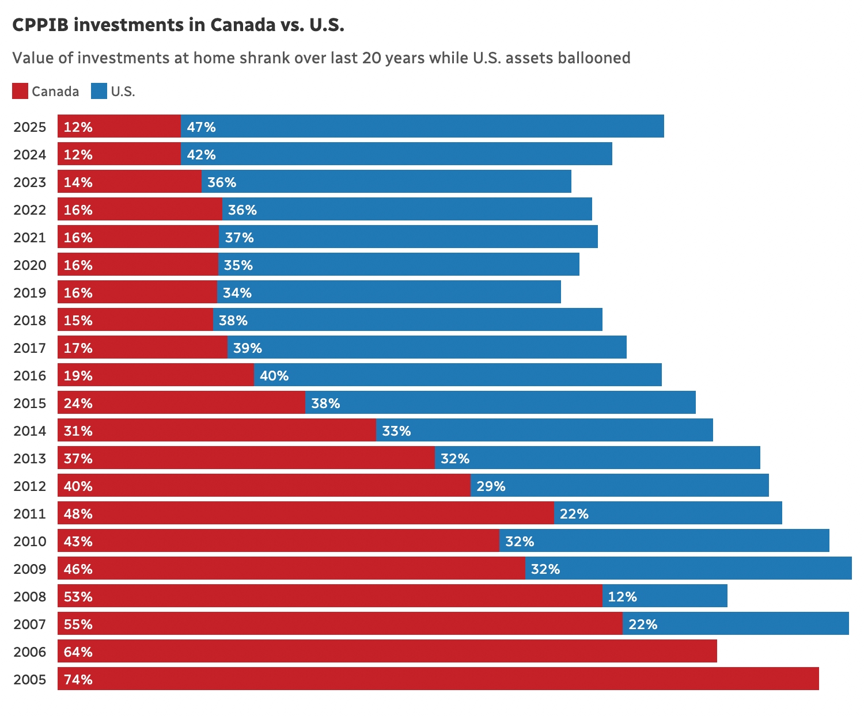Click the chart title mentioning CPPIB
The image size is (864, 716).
(x=178, y=25)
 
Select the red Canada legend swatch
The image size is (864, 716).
(x=20, y=91)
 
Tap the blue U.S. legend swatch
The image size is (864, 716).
(x=99, y=91)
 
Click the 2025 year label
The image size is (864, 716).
(x=30, y=127)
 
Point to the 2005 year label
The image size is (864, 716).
(x=30, y=679)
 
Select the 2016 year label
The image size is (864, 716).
(x=30, y=375)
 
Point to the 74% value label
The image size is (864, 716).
(x=78, y=679)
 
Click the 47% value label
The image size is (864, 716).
(x=201, y=127)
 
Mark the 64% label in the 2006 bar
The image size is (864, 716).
(x=78, y=652)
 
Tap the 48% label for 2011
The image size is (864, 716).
(x=78, y=513)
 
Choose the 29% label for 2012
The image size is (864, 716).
(x=491, y=486)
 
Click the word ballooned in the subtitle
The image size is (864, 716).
(x=594, y=58)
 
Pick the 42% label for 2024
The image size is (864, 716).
(x=201, y=154)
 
